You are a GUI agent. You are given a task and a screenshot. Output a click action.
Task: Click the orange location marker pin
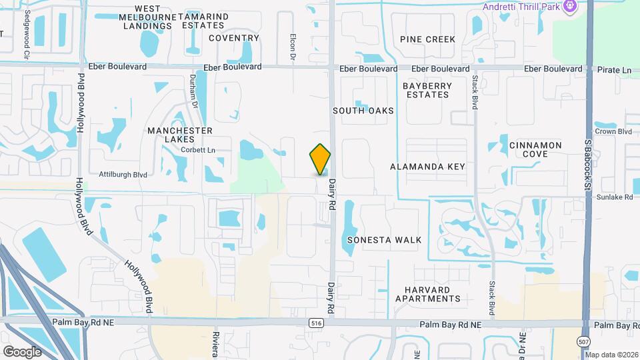point(321,159)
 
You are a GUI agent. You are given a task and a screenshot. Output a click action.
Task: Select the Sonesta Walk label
point(393,240)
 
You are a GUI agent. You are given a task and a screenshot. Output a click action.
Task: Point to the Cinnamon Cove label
point(535,149)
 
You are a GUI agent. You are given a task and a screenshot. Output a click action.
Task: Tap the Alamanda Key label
point(428,166)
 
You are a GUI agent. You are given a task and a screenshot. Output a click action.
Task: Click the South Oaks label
point(363,111)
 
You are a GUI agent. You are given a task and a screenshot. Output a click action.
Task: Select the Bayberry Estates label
point(427,90)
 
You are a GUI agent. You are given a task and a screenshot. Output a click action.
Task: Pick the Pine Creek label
point(428,39)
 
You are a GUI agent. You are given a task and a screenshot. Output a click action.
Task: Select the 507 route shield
point(583,341)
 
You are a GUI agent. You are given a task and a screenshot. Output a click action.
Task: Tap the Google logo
point(22,351)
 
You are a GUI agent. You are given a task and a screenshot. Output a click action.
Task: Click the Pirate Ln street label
point(614,69)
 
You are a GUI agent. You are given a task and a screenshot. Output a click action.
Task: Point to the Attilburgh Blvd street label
point(123,175)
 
